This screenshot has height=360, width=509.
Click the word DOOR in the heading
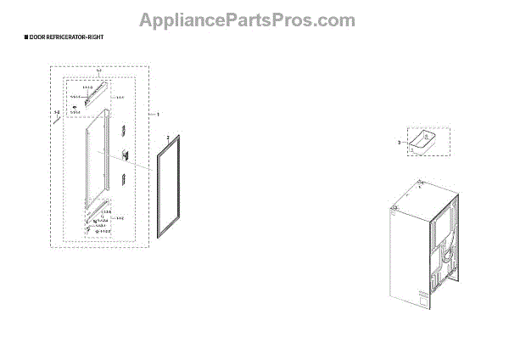[x=37, y=39]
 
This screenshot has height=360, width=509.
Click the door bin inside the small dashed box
[x=421, y=142]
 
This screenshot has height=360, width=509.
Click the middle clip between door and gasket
[x=122, y=155]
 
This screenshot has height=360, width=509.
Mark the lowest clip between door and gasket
[x=124, y=177]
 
